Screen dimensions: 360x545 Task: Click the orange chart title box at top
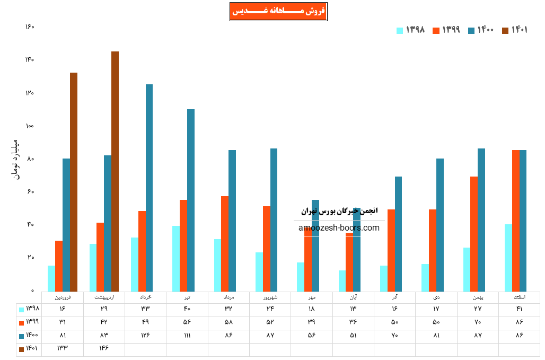278,12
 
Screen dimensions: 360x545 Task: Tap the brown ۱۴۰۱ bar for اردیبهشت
115,171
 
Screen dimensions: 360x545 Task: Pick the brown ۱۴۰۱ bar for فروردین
74,181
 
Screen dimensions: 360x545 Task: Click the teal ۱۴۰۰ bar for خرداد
150,188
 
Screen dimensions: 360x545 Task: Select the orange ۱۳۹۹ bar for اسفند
516,221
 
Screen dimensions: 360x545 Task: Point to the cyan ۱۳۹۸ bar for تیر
176,258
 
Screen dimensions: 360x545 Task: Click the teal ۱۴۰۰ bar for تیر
191,200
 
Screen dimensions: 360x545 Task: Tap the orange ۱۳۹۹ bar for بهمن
474,234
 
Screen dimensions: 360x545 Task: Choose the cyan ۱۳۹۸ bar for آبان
342,280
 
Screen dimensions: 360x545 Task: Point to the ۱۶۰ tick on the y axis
30,27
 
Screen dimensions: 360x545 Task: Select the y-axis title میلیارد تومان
15,159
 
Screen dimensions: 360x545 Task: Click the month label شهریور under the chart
270,298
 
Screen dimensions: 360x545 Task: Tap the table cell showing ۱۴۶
104,348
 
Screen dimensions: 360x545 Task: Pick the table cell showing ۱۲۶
145,336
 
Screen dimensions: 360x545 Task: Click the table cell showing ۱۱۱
187,336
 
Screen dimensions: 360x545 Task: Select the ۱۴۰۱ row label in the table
29,349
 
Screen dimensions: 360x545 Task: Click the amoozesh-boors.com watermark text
339,228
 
